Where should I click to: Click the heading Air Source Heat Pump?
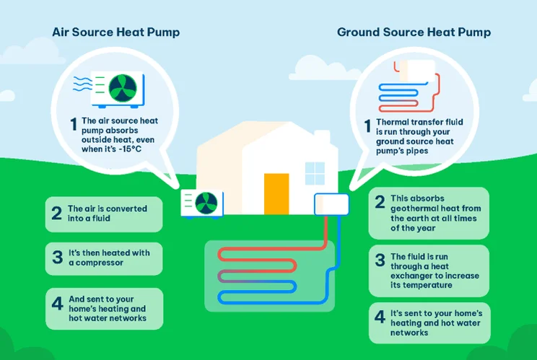(x=115, y=32)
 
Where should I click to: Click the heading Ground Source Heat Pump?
(x=414, y=32)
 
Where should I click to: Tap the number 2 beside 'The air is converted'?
(x=56, y=214)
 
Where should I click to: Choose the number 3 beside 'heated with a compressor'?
(x=56, y=258)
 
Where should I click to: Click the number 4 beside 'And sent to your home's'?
(x=56, y=303)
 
